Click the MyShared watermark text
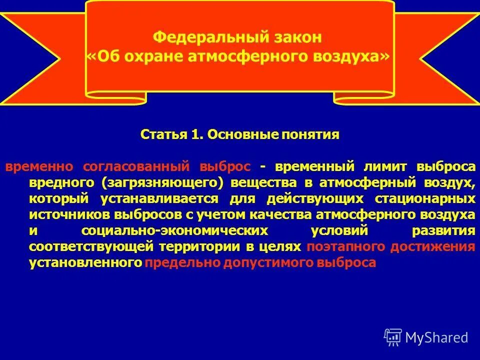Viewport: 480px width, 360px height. tap(436, 337)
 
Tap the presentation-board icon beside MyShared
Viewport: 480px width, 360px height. tap(393, 337)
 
